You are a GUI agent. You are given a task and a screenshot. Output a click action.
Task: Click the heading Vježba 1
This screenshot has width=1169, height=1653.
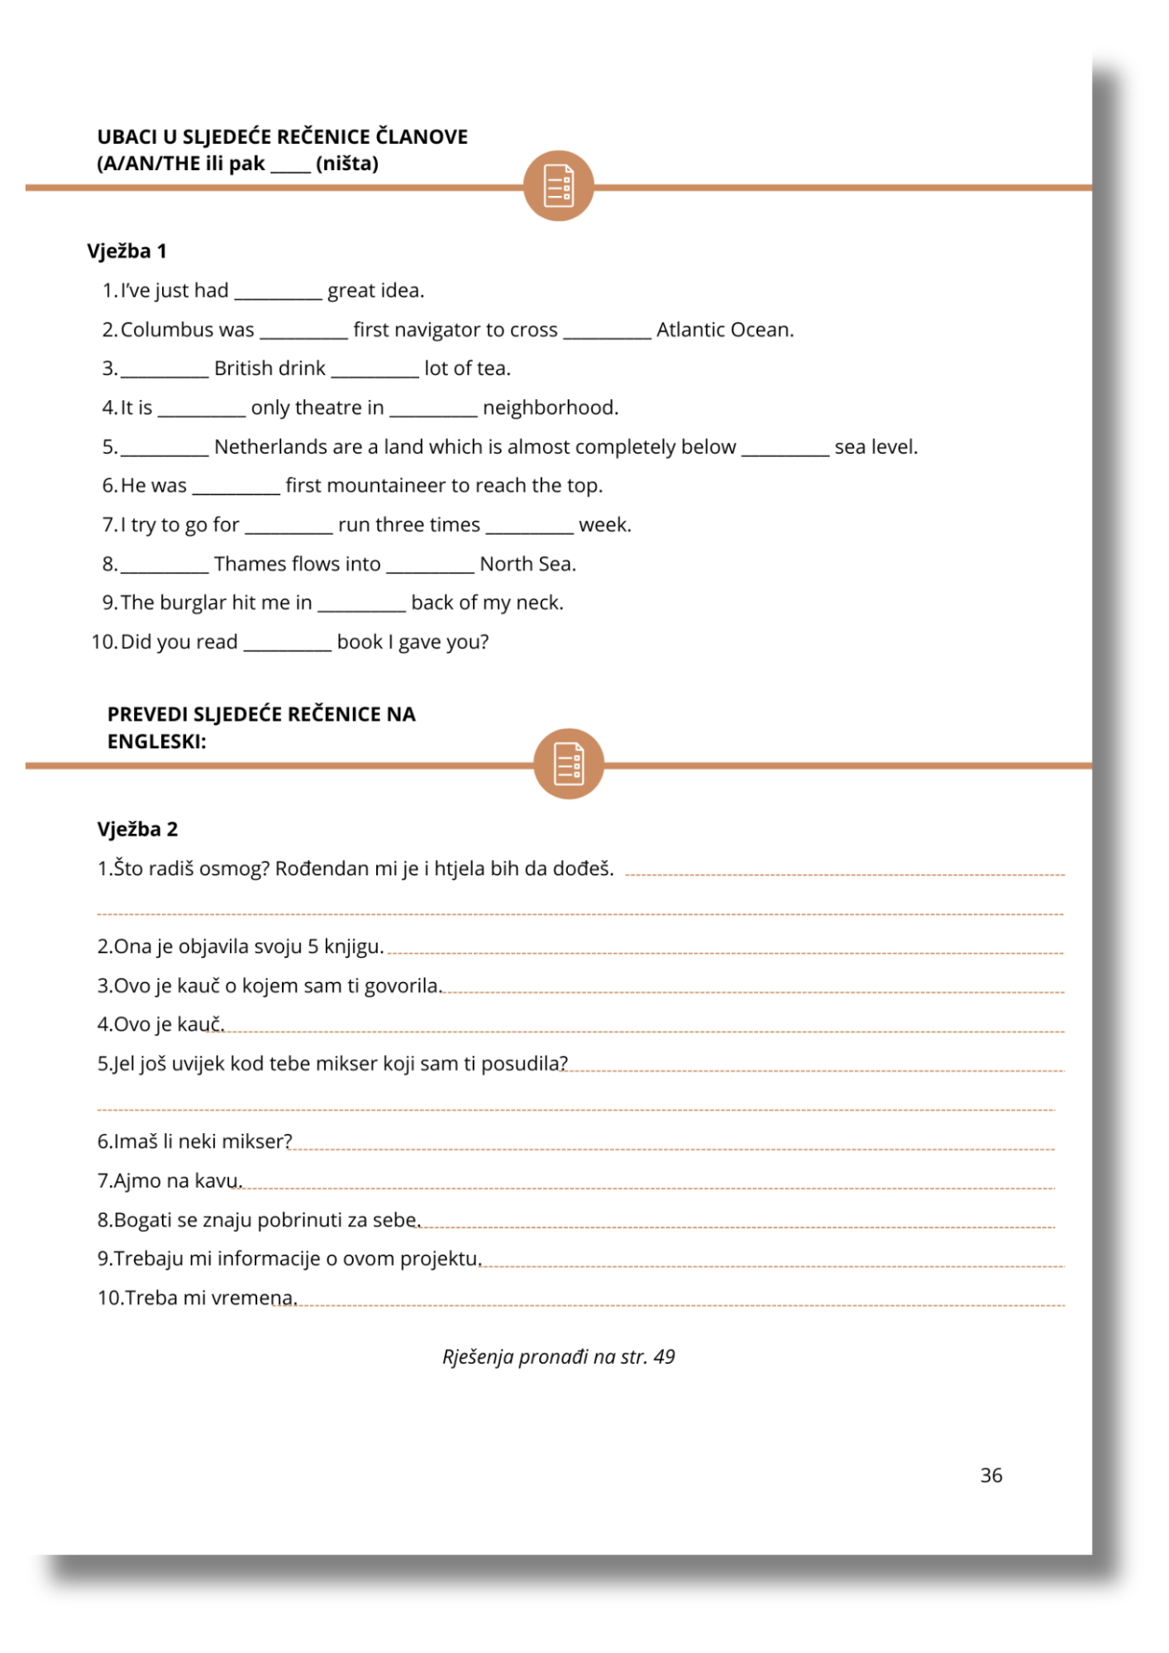click(126, 251)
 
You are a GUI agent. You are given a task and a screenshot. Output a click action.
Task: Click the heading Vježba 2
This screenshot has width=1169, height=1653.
click(137, 829)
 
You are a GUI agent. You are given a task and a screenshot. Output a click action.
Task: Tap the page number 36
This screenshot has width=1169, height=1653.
click(990, 1475)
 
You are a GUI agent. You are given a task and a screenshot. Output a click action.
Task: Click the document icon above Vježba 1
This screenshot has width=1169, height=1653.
click(558, 186)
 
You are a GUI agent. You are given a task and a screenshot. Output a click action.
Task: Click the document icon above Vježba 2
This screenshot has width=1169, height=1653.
click(568, 764)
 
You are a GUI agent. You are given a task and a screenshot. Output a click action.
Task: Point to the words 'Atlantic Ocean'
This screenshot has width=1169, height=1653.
click(724, 330)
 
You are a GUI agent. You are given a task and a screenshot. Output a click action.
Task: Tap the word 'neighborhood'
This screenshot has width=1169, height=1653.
click(550, 407)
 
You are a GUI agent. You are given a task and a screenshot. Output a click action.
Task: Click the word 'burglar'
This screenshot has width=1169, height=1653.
click(193, 603)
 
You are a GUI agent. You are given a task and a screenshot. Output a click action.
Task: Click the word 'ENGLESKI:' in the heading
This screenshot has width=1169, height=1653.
click(156, 741)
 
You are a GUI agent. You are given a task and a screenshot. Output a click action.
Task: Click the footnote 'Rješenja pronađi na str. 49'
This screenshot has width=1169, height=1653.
click(558, 1357)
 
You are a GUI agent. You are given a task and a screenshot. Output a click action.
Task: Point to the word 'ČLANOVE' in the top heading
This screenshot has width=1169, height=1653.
click(422, 136)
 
